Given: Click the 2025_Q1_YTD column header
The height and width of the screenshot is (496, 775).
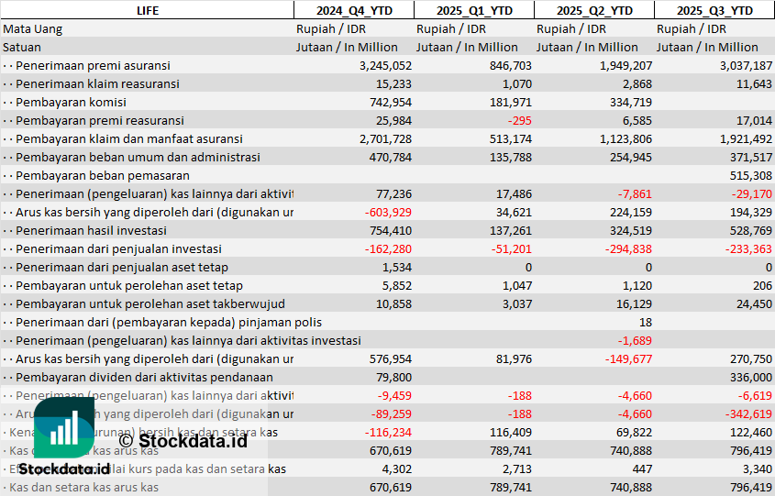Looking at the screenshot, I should click(473, 10).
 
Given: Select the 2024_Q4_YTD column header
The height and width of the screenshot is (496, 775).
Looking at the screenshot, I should click(353, 10).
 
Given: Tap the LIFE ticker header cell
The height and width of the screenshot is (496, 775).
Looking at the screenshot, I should click(147, 10).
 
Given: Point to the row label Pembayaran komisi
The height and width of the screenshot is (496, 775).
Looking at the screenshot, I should click(71, 102).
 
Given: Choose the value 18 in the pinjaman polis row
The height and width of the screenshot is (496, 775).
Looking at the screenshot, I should click(646, 322).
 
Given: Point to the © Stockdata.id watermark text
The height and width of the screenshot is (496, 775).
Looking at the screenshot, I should click(183, 441).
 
